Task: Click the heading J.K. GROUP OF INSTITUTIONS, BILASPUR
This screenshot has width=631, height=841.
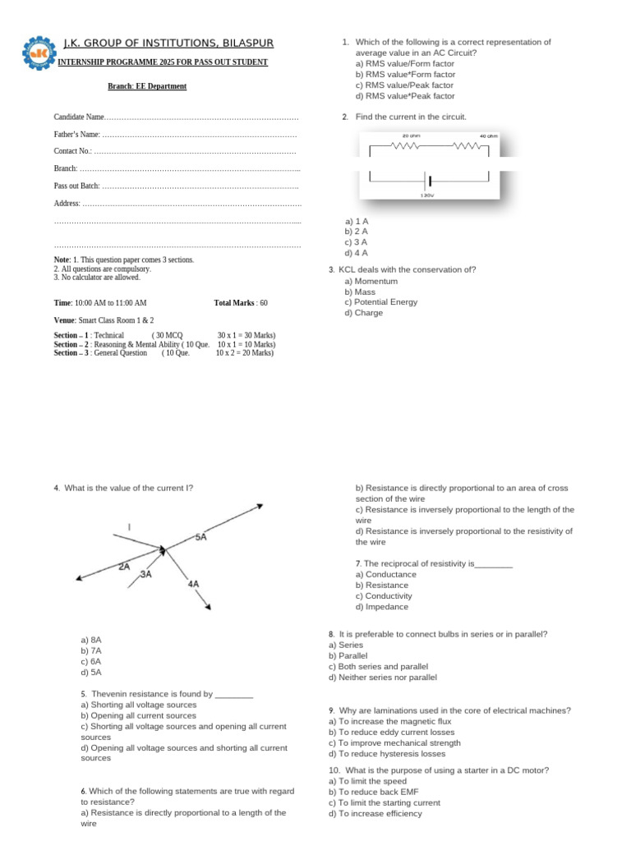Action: [x=168, y=43]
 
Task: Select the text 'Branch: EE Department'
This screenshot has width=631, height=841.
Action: [x=147, y=86]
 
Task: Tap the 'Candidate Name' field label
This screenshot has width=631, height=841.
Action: [x=80, y=118]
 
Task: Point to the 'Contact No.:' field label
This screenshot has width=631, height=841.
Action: [x=74, y=151]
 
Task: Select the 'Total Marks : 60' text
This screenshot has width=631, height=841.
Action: [x=241, y=303]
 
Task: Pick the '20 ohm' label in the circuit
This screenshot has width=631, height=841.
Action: [x=411, y=136]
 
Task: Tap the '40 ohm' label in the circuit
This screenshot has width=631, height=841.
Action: [x=488, y=136]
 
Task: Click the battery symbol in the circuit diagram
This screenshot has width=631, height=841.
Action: [x=427, y=180]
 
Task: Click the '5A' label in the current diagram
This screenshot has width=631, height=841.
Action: [x=200, y=537]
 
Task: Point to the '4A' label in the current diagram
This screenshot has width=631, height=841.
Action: [x=194, y=584]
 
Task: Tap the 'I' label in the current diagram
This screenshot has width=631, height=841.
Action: [x=129, y=526]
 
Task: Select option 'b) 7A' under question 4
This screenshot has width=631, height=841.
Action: [x=91, y=650]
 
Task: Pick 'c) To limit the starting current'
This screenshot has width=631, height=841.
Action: [x=384, y=802]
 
